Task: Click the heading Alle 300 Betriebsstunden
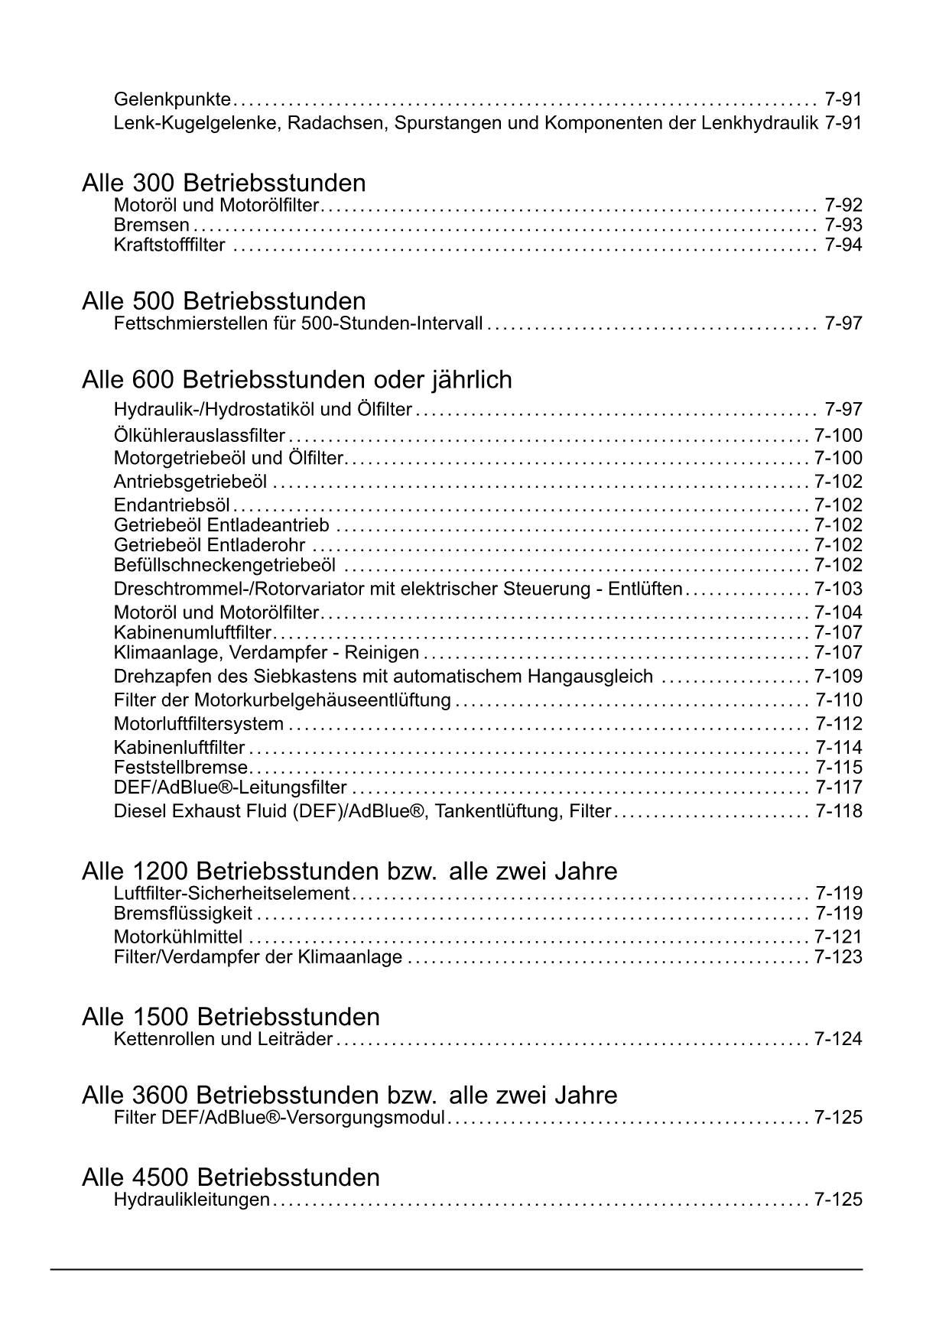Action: click(223, 183)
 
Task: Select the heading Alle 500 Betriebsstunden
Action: click(223, 301)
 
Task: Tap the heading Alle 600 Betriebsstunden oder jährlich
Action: click(297, 380)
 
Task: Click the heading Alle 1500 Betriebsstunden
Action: click(230, 1017)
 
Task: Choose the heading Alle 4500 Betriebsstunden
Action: click(230, 1177)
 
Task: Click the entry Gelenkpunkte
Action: click(172, 99)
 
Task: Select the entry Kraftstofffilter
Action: click(169, 245)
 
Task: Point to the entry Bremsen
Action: click(151, 226)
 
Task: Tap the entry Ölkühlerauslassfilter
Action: click(199, 436)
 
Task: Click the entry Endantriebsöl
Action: click(172, 505)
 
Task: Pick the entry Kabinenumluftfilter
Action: click(193, 633)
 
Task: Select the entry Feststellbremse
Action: click(180, 768)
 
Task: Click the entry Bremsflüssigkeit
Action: click(183, 914)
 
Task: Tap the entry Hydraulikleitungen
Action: click(191, 1200)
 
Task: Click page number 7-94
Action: click(843, 245)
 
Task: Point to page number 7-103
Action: click(838, 589)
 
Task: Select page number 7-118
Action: click(838, 811)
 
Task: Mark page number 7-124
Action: click(838, 1040)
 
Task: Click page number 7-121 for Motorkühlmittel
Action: click(838, 937)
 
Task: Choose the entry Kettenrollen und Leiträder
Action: click(223, 1040)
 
